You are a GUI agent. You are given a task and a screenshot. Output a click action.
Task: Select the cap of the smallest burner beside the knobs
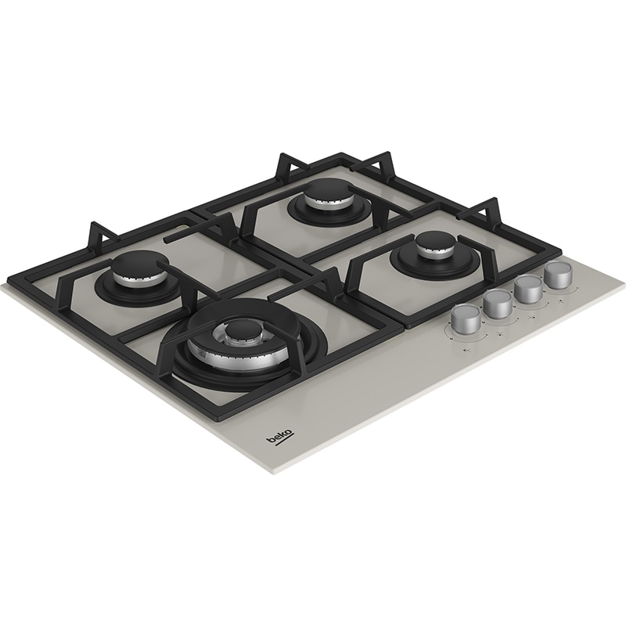tap(430, 243)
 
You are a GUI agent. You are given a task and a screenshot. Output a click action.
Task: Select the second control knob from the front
tap(497, 304)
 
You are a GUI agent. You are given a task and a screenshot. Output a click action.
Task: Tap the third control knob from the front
tap(528, 287)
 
